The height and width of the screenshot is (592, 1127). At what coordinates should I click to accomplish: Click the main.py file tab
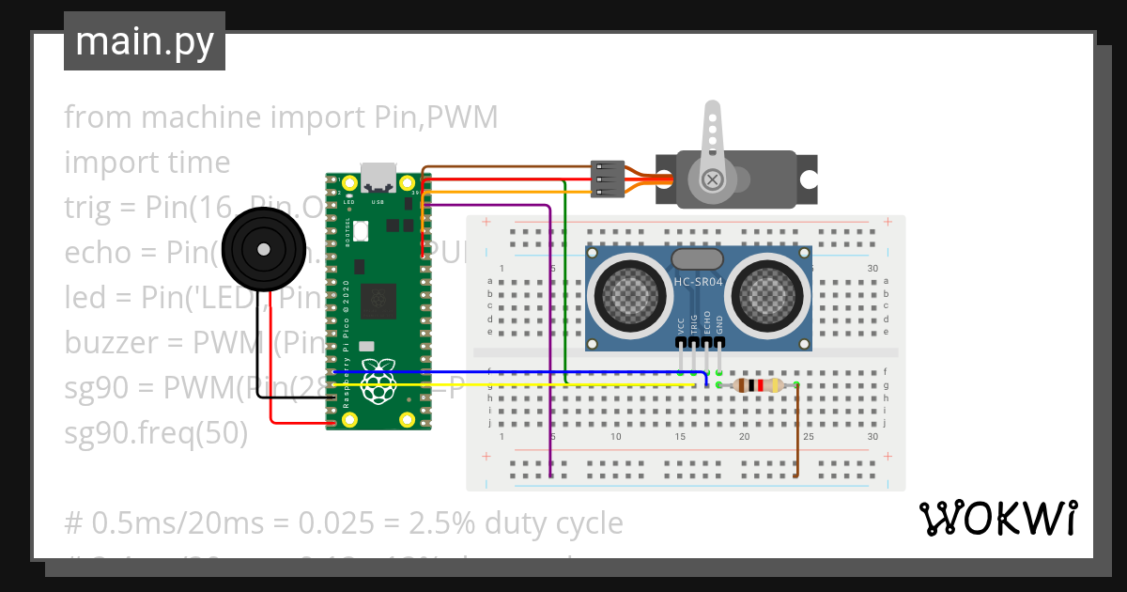(145, 41)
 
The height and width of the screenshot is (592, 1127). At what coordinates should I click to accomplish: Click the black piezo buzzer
(264, 249)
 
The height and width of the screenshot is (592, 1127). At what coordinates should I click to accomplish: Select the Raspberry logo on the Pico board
(378, 378)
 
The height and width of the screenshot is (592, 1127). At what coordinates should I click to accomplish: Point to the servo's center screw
(714, 179)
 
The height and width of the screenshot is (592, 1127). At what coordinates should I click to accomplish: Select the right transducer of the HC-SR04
(766, 291)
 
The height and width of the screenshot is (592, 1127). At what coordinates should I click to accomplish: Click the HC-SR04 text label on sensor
(699, 281)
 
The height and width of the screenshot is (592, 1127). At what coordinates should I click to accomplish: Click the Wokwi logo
(997, 518)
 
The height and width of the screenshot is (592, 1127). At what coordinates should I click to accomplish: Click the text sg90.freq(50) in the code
(156, 433)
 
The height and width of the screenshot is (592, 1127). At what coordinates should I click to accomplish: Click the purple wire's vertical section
(550, 329)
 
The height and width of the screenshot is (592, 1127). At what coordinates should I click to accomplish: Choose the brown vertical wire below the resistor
(797, 432)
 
